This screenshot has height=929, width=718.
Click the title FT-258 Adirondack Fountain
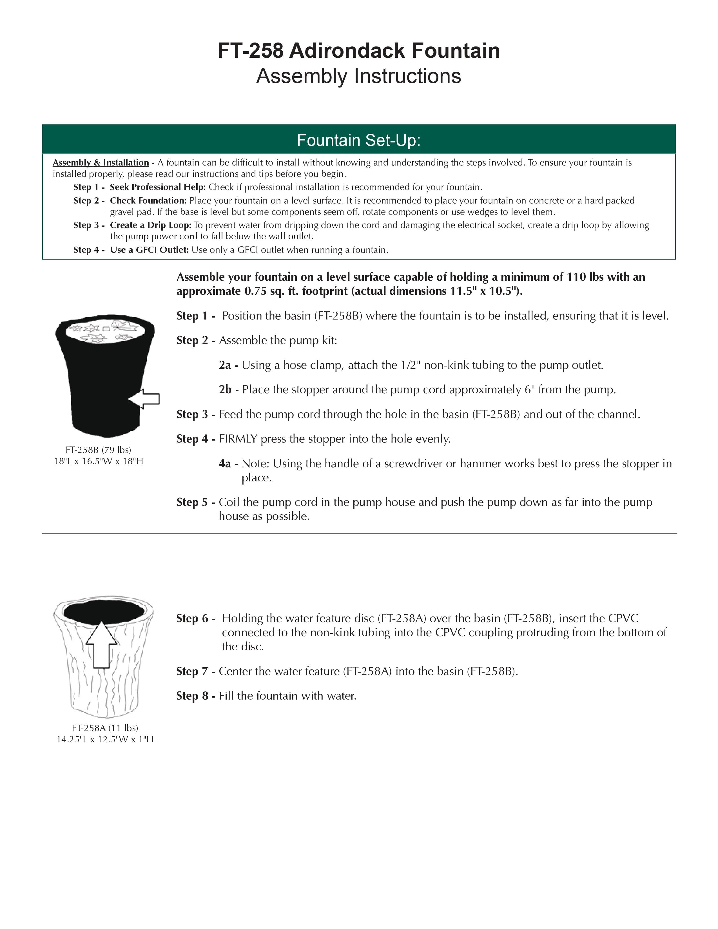point(358,51)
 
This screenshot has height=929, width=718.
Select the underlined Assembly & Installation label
point(101,162)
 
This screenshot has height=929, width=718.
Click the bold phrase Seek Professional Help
point(158,187)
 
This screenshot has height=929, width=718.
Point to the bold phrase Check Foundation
point(148,200)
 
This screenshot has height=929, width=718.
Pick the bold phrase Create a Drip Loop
point(151,225)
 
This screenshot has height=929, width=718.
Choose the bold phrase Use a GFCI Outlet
point(149,250)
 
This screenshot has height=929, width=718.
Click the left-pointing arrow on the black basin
point(144,399)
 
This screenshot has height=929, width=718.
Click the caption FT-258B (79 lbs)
point(98,450)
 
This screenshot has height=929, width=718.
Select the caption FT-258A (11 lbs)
point(105,728)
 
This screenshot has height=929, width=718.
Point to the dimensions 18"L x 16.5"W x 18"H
point(98,461)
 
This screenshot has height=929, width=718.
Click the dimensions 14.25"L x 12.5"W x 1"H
point(105,739)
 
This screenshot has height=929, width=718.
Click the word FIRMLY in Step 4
point(238,439)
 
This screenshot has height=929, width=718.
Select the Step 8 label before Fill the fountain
point(196,696)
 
